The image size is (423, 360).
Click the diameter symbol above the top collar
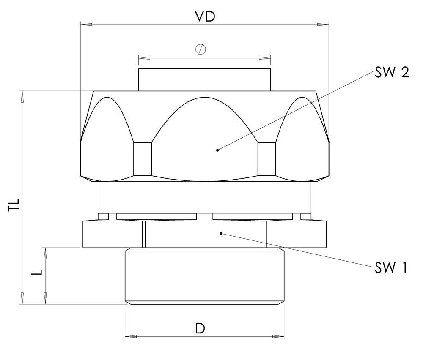tap(201, 49)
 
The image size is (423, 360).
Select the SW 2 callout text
tap(391, 73)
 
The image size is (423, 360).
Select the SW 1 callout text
tap(390, 267)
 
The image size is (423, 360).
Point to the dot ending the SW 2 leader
tap(217, 150)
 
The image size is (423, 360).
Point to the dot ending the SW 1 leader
tap(221, 233)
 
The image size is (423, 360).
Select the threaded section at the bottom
tap(205, 275)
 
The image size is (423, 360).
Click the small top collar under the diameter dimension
tap(205, 79)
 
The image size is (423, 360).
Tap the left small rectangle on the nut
tap(143, 159)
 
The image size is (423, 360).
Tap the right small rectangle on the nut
tap(267, 159)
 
